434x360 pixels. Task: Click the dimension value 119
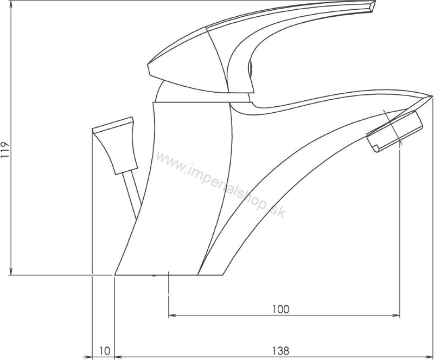5,150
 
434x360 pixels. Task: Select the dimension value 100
280,310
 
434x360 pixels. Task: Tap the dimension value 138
280,351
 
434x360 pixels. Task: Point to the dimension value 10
104,351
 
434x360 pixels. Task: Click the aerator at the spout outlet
395,131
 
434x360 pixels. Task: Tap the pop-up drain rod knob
115,145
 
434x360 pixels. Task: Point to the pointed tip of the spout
431,96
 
